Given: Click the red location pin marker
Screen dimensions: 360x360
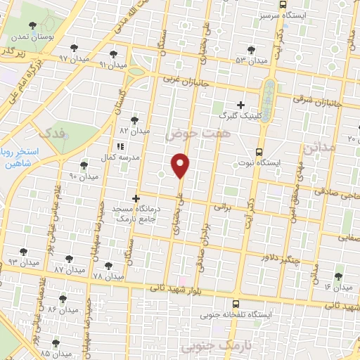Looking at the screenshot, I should [181, 165].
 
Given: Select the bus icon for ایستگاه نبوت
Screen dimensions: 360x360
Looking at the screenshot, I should [259, 151].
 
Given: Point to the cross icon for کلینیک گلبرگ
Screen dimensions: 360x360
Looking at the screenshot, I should [240, 105].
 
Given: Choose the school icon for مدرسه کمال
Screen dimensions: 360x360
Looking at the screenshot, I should [120, 146].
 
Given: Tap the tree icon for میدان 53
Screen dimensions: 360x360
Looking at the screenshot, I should [251, 49].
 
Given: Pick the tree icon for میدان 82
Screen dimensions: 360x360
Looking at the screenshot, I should [134, 120].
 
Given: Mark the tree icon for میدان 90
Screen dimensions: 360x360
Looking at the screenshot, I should [84, 165].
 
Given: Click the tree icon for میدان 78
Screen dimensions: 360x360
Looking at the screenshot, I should [108, 266].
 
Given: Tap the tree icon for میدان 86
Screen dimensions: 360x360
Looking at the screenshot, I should [63, 298].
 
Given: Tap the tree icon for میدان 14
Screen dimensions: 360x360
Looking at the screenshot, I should [338, 276].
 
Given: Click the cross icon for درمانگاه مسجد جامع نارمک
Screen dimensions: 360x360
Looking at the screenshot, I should [136, 198].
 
